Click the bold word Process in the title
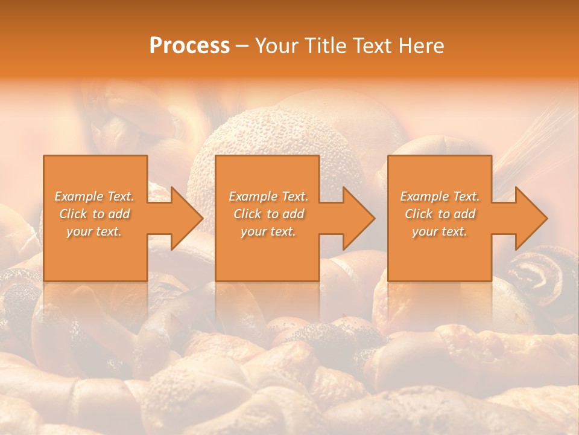pos(189,46)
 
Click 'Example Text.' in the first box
pos(94,196)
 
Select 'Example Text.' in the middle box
pos(268,196)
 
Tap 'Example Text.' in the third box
pos(440,196)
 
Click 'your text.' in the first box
pos(94,231)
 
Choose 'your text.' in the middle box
pos(268,231)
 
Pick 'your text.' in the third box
pos(440,231)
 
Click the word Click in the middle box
pos(247,214)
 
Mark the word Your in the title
pos(277,46)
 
